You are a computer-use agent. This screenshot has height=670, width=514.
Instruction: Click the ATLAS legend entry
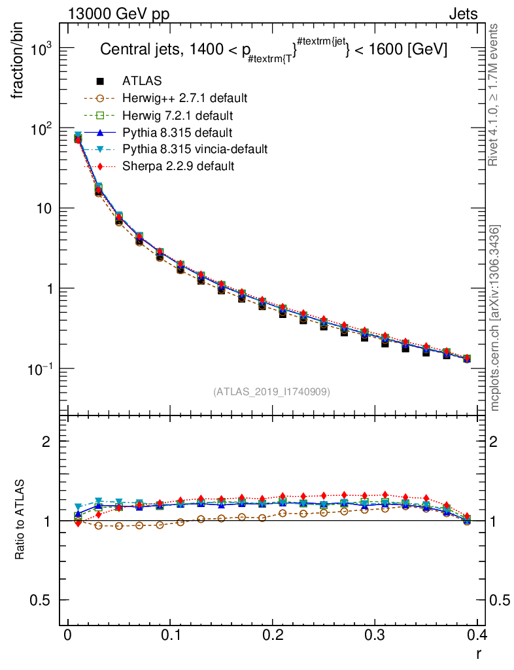coord(142,81)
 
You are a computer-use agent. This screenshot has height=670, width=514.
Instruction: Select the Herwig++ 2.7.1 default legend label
coord(184,98)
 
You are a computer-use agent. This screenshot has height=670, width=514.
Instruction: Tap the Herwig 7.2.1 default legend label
coord(177,115)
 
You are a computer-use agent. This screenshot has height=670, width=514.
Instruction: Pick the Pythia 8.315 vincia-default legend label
coord(195,149)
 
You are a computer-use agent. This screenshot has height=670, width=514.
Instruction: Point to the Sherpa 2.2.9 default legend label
coord(178,166)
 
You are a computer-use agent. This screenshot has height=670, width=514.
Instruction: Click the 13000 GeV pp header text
coord(118,14)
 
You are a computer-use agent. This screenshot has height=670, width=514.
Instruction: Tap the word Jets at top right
coord(463,14)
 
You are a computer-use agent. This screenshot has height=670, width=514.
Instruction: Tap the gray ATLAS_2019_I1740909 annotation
coord(271,392)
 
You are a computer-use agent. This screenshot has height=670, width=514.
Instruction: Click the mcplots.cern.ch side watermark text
coord(495,318)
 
